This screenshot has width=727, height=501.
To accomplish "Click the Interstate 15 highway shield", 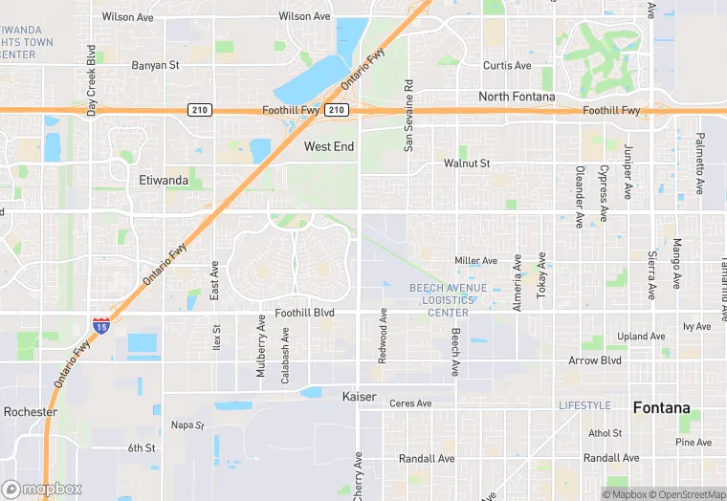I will point(100,326).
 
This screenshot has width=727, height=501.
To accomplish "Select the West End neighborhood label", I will point(330,146).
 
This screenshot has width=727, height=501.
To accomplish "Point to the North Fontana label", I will point(517,97).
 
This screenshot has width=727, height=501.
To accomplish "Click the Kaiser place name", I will point(360,395).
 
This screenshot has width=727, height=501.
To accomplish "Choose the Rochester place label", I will point(31,412).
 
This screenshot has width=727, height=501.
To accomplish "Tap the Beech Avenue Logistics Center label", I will point(448,300).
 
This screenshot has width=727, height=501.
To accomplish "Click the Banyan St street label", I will point(156,66).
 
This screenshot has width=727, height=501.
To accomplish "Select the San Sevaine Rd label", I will point(408,116).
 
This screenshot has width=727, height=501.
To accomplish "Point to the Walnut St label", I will point(467,163).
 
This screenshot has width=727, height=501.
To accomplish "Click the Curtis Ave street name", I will point(507,66).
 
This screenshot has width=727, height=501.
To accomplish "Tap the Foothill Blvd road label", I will point(305,312).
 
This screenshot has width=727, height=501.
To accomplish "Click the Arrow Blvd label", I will point(595,361).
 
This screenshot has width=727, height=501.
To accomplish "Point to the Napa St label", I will point(187,425).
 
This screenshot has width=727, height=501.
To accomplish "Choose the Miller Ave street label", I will point(475,260).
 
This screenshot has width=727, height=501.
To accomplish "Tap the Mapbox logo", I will point(42,489).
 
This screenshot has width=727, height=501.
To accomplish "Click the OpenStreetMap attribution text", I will point(686,494).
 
